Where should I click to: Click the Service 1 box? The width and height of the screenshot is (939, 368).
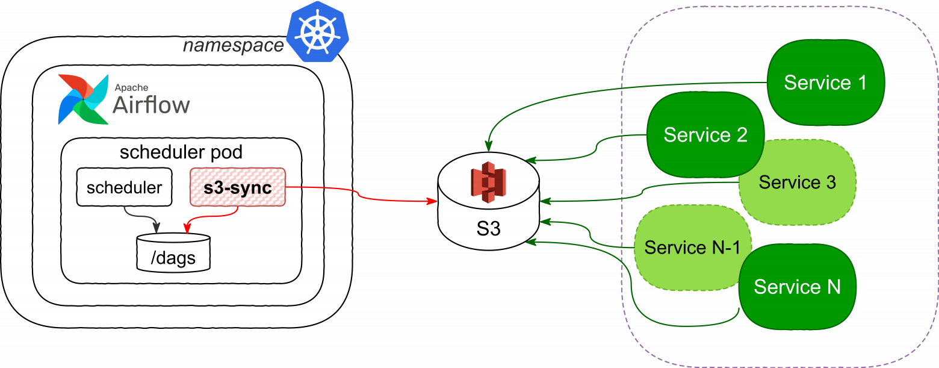tap(825, 83)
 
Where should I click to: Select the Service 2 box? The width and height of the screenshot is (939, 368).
tap(705, 134)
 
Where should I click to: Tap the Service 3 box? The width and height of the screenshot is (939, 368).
tap(797, 182)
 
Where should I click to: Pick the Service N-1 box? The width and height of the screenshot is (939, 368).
tap(692, 247)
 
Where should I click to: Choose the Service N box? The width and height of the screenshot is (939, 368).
tap(797, 287)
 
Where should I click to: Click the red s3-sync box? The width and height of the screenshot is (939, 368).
tap(237, 187)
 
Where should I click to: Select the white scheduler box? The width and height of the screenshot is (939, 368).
tap(124, 187)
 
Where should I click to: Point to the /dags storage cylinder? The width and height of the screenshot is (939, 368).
tap(173, 253)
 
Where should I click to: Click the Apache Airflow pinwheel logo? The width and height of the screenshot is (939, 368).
tap(83, 99)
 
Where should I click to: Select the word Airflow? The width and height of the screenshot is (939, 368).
tap(151, 105)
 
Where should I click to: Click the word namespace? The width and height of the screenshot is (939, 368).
tap(233, 46)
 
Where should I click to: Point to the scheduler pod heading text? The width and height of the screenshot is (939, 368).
tap(181, 152)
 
